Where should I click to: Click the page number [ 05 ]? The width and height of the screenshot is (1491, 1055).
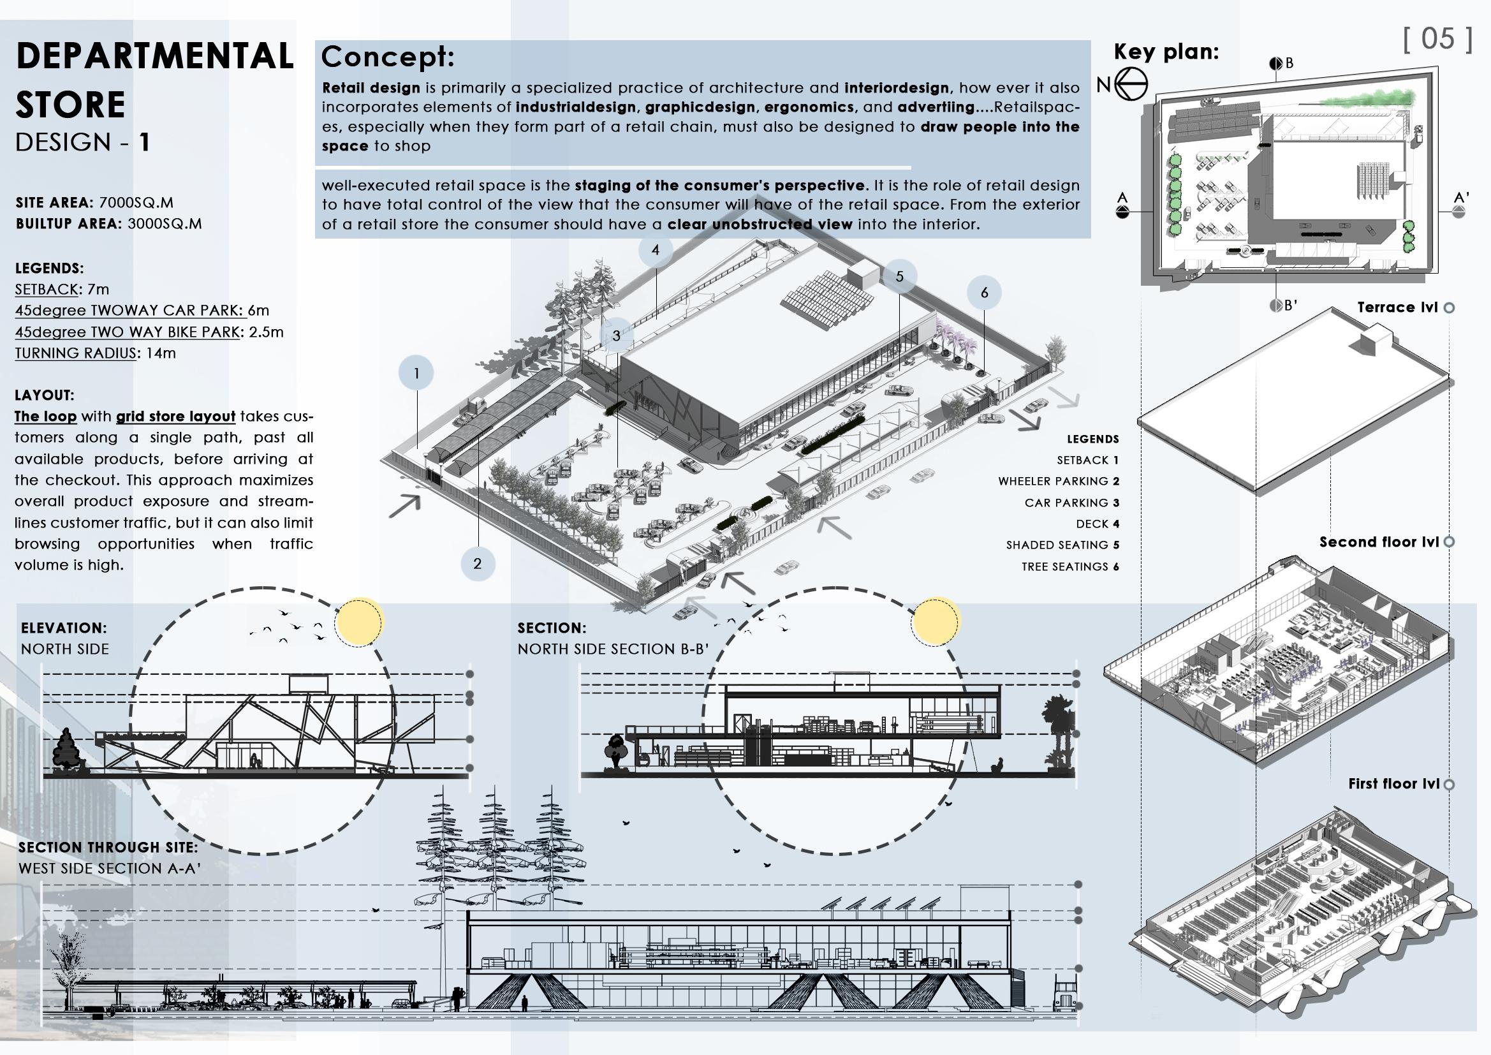click(x=1437, y=39)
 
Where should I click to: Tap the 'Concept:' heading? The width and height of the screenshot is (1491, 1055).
click(x=388, y=57)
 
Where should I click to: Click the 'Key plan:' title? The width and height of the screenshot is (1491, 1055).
click(x=1166, y=52)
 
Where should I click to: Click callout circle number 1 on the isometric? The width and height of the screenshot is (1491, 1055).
click(x=416, y=374)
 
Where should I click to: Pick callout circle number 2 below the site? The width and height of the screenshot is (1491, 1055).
click(x=477, y=563)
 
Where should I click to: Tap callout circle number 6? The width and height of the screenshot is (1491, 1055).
click(x=984, y=293)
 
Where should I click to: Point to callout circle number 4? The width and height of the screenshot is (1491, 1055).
click(x=655, y=250)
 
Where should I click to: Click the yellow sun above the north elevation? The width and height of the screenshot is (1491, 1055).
click(x=360, y=622)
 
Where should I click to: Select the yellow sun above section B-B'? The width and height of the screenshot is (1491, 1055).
click(x=935, y=622)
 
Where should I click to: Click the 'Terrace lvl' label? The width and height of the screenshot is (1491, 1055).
click(x=1397, y=307)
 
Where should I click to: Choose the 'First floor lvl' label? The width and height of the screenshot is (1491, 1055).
click(x=1393, y=783)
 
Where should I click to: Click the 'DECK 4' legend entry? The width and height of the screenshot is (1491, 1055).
click(x=1098, y=524)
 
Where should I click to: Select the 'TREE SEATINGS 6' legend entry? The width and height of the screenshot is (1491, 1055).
click(x=1070, y=566)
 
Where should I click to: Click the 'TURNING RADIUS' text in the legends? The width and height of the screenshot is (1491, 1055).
click(x=76, y=353)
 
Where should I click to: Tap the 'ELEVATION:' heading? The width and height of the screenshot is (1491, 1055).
click(x=64, y=628)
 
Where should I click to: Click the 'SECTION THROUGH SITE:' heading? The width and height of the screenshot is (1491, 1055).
click(x=108, y=847)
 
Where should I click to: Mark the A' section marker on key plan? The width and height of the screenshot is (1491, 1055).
click(x=1461, y=205)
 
